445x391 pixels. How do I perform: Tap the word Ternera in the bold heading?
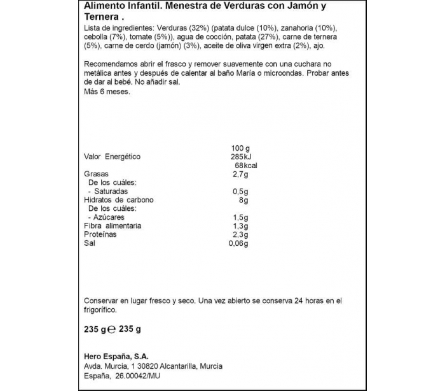click(x=100, y=18)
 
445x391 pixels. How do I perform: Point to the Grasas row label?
click(x=97, y=174)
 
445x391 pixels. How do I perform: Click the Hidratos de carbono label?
click(x=119, y=200)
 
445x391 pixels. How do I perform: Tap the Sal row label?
click(x=90, y=244)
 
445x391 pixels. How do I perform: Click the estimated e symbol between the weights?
click(x=111, y=330)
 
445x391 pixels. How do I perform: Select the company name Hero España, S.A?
click(x=120, y=356)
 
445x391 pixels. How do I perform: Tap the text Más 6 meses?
click(x=107, y=92)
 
